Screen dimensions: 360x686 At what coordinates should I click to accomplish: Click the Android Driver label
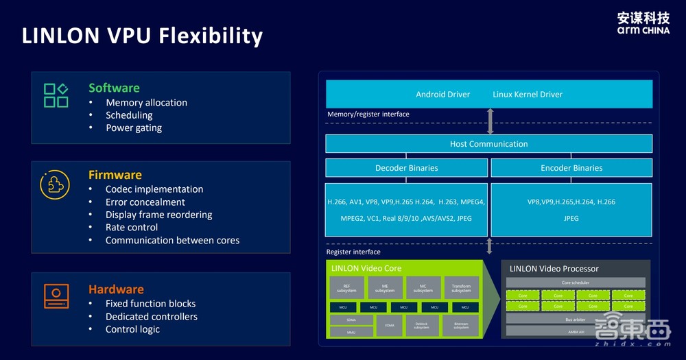(x=442, y=95)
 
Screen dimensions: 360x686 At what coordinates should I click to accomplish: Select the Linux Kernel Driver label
(x=528, y=95)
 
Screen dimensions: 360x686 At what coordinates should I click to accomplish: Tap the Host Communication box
(x=488, y=144)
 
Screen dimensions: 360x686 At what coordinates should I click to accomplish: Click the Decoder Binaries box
(x=406, y=168)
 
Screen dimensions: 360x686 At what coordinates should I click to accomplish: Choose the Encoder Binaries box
(x=571, y=168)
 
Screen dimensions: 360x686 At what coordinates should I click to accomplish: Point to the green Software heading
(x=114, y=88)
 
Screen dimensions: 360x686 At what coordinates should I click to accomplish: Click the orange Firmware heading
(x=115, y=175)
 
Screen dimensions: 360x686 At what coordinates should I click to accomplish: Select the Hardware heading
(x=116, y=289)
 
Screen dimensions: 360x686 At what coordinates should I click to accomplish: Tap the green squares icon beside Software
(x=56, y=95)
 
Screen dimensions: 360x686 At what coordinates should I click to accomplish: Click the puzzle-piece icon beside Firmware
(x=55, y=184)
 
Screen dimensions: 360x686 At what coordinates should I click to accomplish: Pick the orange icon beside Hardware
(x=56, y=295)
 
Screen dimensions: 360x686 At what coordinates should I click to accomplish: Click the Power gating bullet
(x=134, y=128)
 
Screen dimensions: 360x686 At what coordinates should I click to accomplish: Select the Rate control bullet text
(x=132, y=228)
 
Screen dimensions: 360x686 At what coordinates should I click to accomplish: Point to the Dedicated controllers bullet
(x=151, y=317)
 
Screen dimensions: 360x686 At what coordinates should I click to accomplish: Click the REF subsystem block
(x=347, y=288)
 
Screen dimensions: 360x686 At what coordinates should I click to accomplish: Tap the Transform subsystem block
(x=461, y=288)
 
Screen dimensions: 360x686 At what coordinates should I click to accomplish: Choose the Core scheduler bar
(x=575, y=283)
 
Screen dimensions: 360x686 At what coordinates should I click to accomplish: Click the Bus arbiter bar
(x=575, y=319)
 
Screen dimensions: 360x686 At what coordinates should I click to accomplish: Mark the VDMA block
(x=390, y=325)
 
